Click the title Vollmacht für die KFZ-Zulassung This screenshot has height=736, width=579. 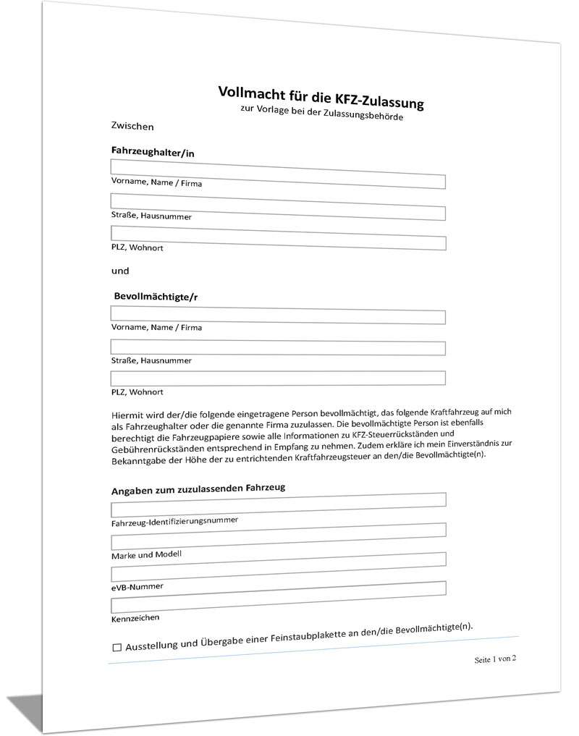click(321, 96)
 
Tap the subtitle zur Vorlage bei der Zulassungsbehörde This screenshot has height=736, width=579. click(321, 111)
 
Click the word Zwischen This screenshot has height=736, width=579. click(132, 127)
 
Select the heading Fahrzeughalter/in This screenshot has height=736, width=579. click(153, 152)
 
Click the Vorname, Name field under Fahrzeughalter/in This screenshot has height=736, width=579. click(277, 173)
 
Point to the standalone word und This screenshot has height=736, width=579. click(120, 271)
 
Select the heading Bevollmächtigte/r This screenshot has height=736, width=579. click(157, 297)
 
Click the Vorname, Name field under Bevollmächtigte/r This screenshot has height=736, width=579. click(277, 315)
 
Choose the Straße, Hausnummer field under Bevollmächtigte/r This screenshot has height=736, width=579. click(277, 347)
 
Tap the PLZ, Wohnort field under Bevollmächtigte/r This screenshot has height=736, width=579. click(277, 378)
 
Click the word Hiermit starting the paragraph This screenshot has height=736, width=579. click(128, 415)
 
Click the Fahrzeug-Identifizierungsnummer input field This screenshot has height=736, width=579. click(278, 504)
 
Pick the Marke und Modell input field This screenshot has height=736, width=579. click(278, 536)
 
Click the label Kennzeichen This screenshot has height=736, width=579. click(135, 618)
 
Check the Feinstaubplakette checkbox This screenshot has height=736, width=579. click(117, 648)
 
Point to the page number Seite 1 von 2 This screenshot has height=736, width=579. click(495, 659)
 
